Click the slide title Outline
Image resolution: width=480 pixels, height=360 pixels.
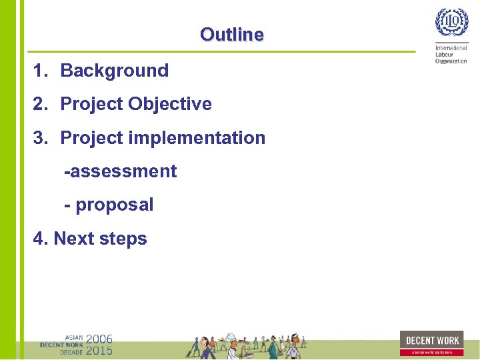tap(231, 35)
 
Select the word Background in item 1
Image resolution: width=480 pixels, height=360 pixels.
tap(114, 71)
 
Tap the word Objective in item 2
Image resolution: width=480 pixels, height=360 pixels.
tap(170, 104)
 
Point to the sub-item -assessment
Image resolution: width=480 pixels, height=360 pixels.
tap(120, 171)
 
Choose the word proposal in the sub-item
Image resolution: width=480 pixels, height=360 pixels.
tap(115, 205)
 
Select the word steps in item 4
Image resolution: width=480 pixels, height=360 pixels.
tap(123, 239)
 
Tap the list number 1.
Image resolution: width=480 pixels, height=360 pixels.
tap(40, 71)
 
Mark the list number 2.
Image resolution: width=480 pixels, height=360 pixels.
tap(40, 104)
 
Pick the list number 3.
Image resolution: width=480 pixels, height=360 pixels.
tap(40, 138)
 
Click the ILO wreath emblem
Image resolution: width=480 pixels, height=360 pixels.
tap(451, 24)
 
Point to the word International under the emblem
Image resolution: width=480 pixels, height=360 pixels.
tap(451, 48)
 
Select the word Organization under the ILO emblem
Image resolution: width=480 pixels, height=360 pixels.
tap(451, 61)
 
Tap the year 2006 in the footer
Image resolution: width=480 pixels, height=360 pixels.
tap(99, 339)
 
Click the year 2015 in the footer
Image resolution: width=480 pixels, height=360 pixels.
tap(99, 350)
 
